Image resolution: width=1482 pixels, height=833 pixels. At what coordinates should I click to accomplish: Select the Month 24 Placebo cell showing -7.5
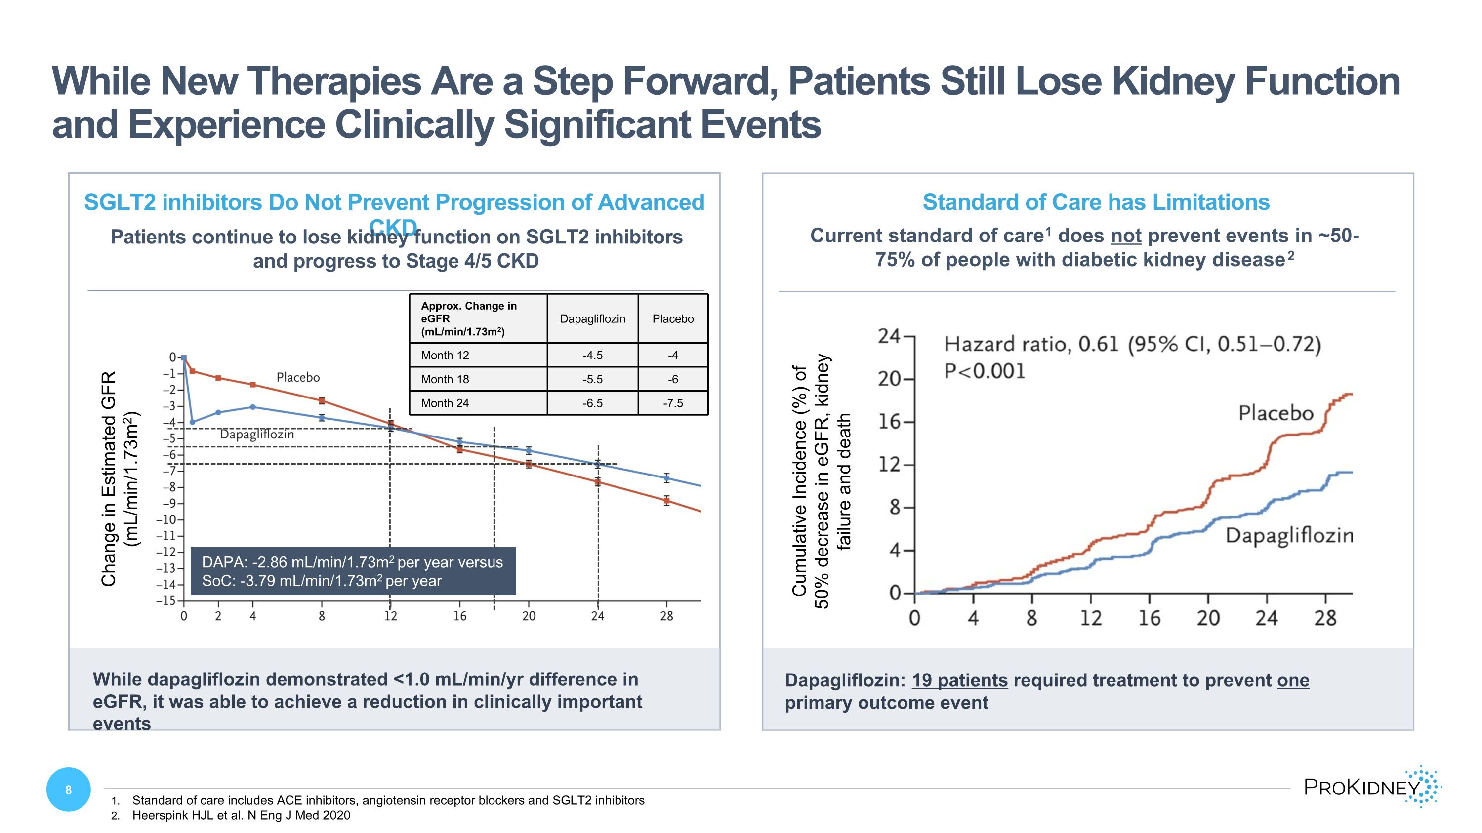point(672,403)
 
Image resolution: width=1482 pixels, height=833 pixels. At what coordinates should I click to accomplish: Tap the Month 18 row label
point(445,379)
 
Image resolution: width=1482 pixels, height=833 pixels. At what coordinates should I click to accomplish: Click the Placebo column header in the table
point(672,318)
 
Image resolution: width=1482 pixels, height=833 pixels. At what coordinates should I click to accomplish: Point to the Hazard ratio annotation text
point(1132,344)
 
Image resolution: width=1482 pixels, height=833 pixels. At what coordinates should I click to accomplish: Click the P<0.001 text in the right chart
point(985,371)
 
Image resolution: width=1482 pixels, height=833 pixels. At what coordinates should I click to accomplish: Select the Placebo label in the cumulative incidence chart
point(1276,413)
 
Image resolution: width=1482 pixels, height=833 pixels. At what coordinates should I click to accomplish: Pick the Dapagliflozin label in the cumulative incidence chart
point(1289,536)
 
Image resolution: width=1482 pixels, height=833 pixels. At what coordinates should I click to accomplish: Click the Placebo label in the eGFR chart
point(297,377)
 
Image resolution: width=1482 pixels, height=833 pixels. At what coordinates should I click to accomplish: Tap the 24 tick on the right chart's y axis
point(888,336)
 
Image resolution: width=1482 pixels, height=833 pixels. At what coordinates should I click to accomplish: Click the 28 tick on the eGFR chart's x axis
point(666,616)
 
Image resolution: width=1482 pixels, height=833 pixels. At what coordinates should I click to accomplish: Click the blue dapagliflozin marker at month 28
point(666,477)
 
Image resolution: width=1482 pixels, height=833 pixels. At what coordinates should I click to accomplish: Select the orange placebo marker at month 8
point(322,400)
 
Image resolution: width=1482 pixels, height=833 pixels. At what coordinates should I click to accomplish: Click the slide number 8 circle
point(69,790)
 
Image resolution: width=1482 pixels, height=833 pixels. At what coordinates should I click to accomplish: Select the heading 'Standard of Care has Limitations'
point(1095,202)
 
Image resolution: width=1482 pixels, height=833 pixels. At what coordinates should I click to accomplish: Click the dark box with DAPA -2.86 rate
point(353,571)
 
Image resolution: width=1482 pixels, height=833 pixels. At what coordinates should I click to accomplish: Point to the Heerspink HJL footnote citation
point(241,815)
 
